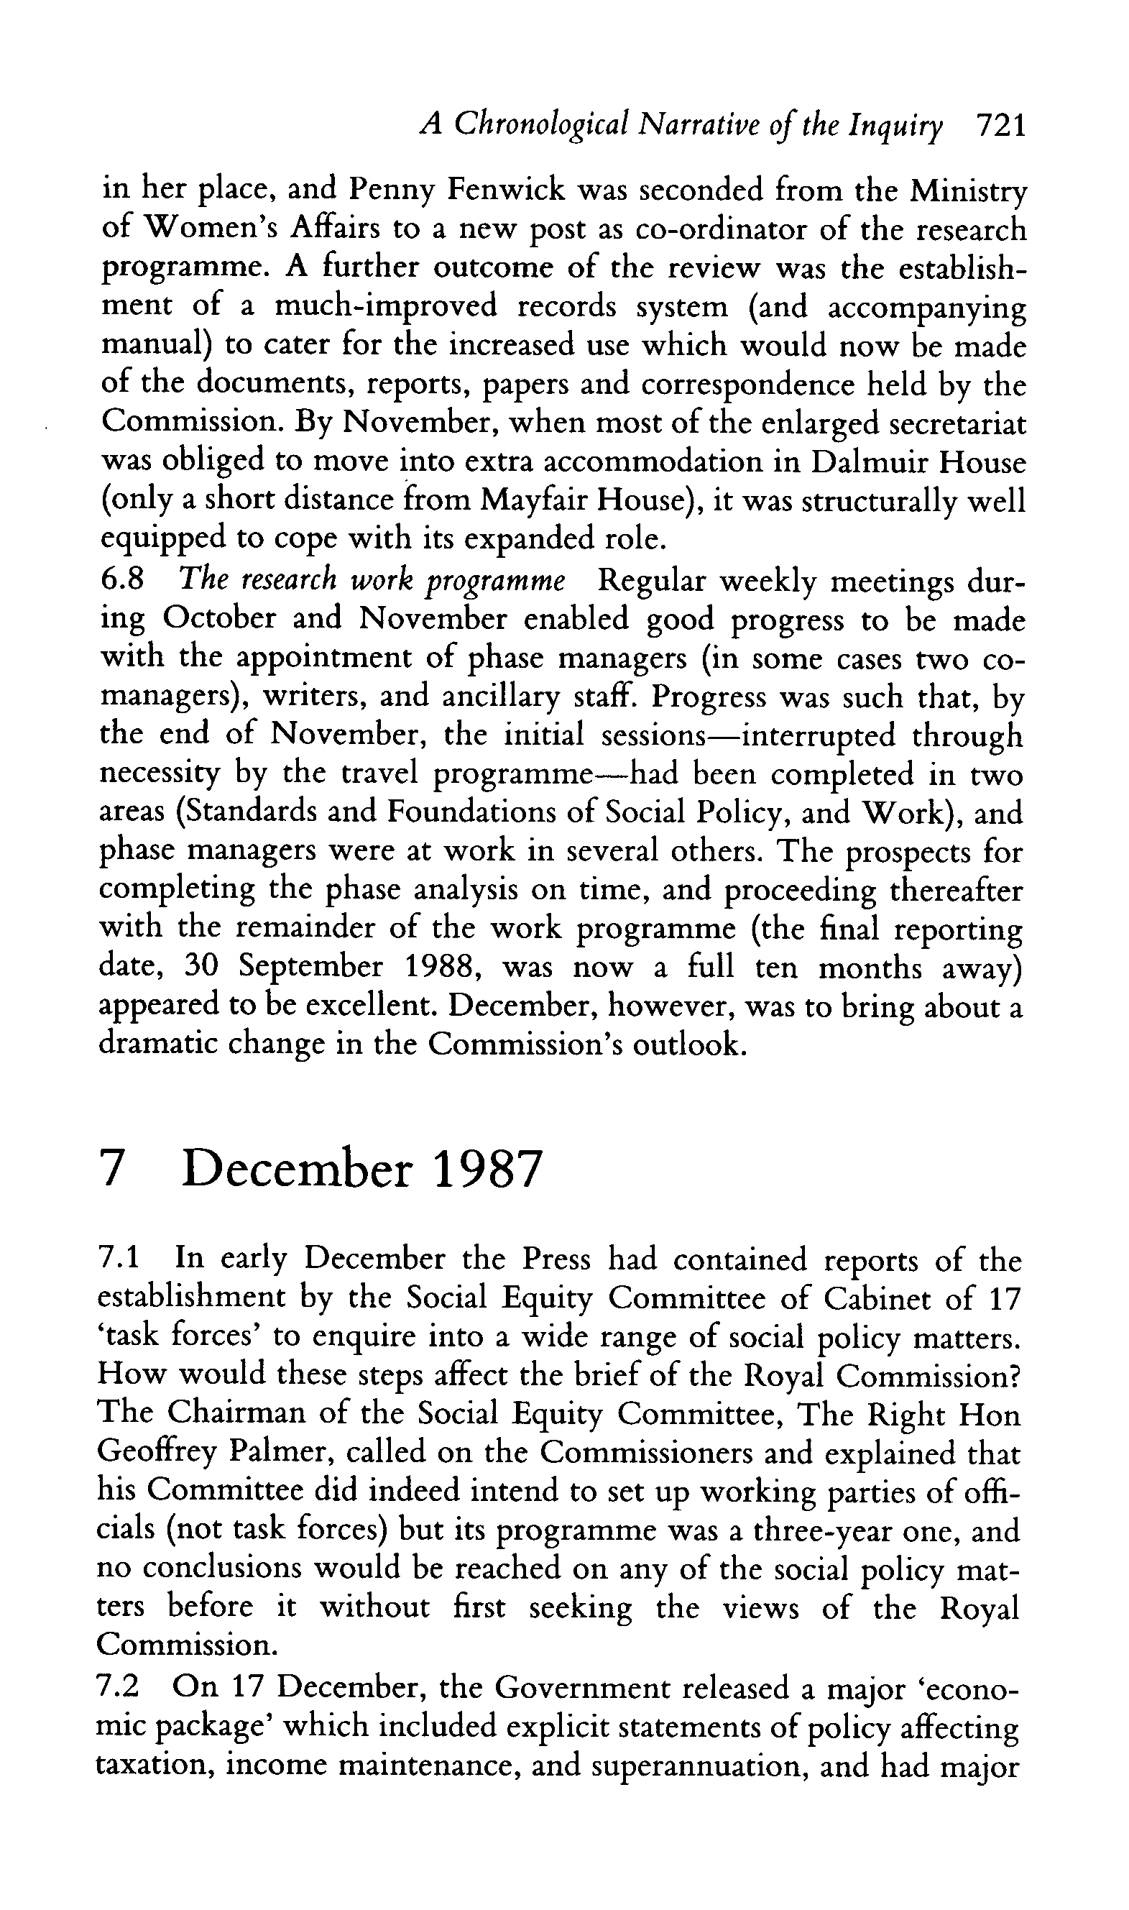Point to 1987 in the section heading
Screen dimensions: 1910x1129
click(487, 1169)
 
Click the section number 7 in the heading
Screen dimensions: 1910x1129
click(111, 1169)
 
